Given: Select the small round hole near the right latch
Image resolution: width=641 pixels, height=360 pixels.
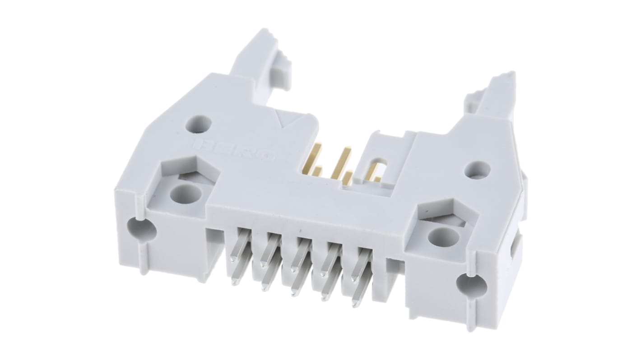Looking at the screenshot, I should pos(477,169).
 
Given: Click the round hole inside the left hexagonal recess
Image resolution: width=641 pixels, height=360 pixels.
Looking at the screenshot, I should pos(186,194).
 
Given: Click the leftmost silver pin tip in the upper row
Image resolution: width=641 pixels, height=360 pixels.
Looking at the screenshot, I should pos(232,259).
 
